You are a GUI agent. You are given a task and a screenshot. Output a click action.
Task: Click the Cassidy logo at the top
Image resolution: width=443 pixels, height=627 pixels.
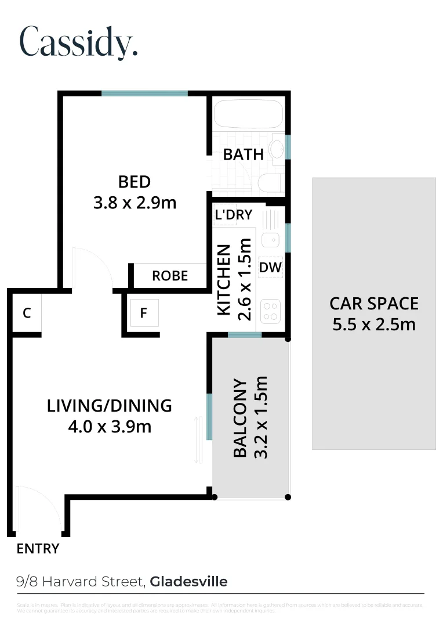tap(79, 41)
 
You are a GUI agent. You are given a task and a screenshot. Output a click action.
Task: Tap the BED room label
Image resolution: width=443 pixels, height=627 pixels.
tap(134, 182)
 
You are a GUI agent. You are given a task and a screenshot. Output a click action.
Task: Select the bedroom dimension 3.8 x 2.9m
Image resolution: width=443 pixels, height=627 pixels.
tap(134, 203)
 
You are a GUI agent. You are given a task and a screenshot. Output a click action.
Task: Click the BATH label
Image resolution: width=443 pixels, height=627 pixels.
tap(244, 154)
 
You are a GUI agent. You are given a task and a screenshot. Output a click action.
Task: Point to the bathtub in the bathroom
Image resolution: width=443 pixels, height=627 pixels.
tap(248, 114)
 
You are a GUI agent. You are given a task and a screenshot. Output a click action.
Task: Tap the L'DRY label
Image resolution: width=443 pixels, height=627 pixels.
tap(233, 215)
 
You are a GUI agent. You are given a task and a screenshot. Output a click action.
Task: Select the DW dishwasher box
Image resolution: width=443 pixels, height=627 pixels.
tap(270, 268)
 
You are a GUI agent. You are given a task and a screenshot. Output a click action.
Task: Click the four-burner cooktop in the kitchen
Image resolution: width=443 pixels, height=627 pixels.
tap(270, 310)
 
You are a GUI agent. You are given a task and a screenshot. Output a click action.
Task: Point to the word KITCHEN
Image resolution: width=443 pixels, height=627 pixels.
tap(224, 280)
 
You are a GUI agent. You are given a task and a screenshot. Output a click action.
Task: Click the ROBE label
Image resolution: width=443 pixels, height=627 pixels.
tap(170, 276)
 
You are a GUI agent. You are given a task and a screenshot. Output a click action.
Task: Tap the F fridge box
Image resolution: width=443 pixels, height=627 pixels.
tap(144, 313)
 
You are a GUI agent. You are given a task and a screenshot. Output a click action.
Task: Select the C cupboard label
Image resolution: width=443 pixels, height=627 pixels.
tap(26, 313)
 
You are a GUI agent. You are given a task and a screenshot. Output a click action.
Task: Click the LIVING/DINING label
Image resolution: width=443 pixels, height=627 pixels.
tap(110, 405)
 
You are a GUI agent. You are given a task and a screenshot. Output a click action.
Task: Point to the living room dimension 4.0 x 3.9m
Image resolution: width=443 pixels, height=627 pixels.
tap(110, 427)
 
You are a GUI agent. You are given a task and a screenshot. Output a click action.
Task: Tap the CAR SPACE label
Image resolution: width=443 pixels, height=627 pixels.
tap(374, 303)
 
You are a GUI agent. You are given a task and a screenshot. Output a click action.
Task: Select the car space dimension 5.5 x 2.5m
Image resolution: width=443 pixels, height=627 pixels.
tap(374, 324)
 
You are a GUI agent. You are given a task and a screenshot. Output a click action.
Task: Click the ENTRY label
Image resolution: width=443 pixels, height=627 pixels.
tap(38, 549)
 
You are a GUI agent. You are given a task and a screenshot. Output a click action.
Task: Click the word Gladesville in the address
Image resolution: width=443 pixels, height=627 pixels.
tap(188, 581)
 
